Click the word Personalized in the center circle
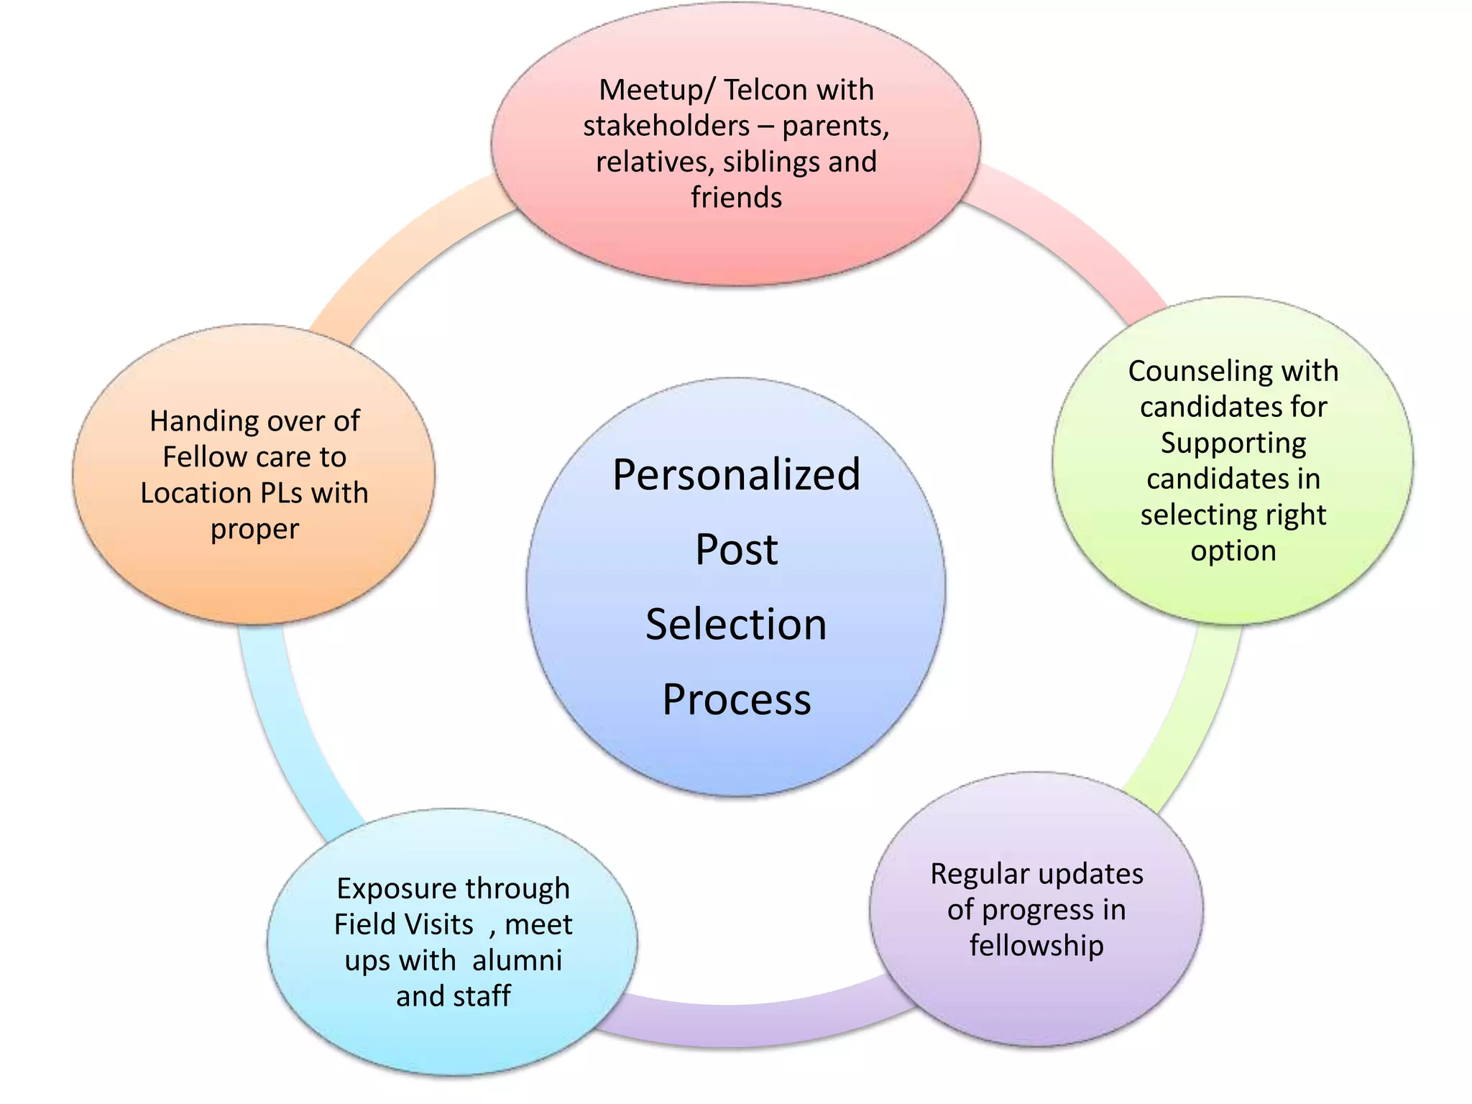(736, 475)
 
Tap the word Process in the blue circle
(736, 699)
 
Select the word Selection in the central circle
(736, 624)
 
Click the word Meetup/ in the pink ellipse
(655, 91)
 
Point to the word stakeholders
(666, 126)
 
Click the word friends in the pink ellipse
(736, 198)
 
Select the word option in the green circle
(1233, 551)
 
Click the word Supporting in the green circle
(1233, 443)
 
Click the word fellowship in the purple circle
(1036, 946)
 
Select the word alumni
(517, 960)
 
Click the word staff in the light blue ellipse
(482, 996)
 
